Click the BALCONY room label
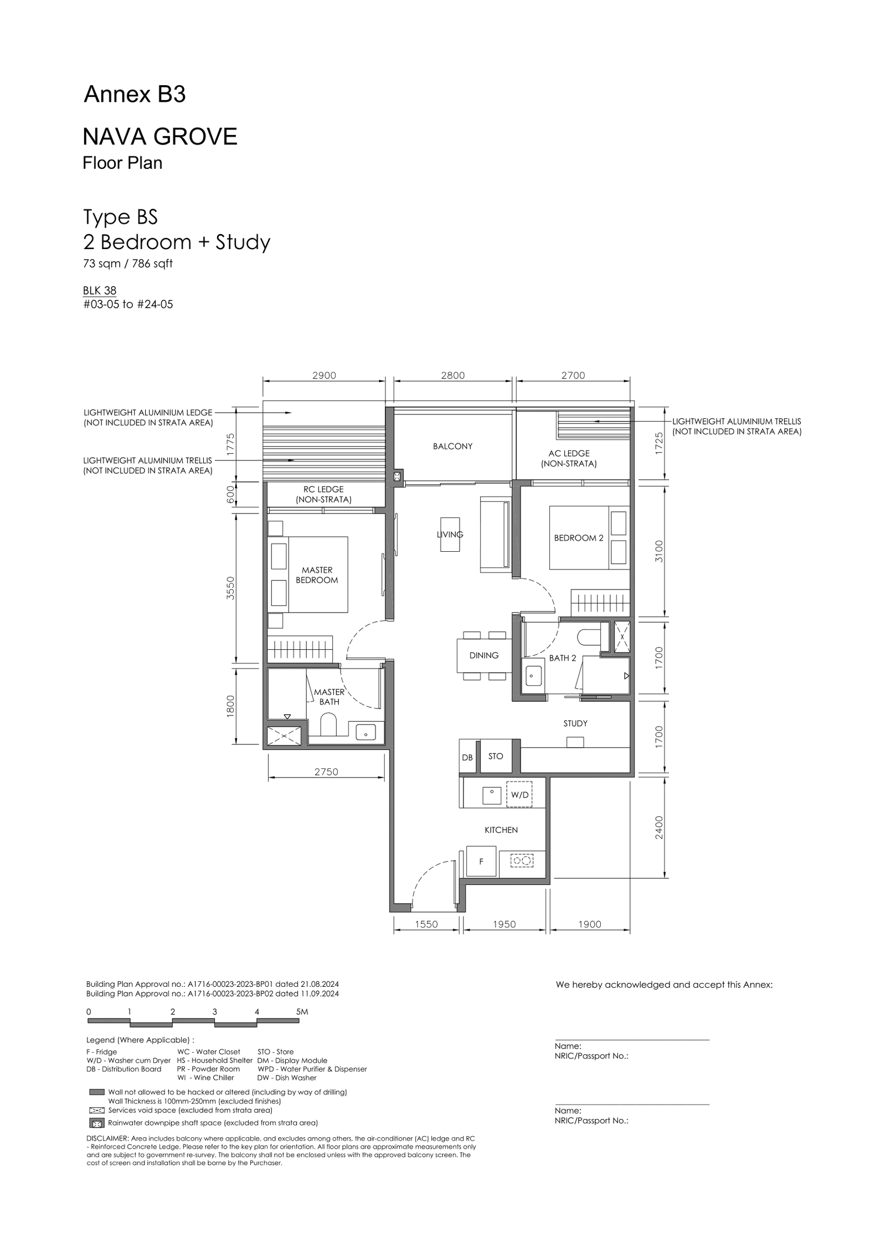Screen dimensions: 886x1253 pyautogui.click(x=452, y=446)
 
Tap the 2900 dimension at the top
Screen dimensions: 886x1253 pyautogui.click(x=324, y=375)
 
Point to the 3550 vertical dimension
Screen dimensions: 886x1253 pyautogui.click(x=231, y=588)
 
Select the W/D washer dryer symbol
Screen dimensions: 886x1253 pyautogui.click(x=519, y=794)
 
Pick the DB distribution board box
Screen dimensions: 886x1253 pyautogui.click(x=467, y=757)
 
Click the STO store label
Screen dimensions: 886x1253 pyautogui.click(x=496, y=756)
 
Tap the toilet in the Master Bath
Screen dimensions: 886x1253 pyautogui.click(x=328, y=724)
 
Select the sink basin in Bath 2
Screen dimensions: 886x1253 pyautogui.click(x=534, y=676)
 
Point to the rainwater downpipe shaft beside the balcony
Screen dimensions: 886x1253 pyautogui.click(x=397, y=477)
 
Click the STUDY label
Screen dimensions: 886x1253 pyautogui.click(x=575, y=723)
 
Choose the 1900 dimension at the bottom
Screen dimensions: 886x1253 pyautogui.click(x=589, y=924)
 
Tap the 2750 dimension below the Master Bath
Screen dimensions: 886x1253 pyautogui.click(x=326, y=772)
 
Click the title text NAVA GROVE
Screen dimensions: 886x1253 pyautogui.click(x=160, y=136)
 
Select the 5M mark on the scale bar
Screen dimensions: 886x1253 pyautogui.click(x=302, y=1012)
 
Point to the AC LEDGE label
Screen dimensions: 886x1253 pyautogui.click(x=569, y=453)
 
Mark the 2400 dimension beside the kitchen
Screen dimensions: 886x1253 pyautogui.click(x=658, y=827)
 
